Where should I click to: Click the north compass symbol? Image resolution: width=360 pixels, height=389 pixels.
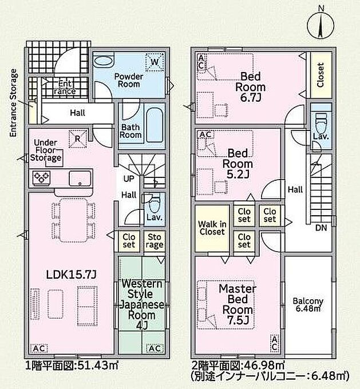pos(321,24)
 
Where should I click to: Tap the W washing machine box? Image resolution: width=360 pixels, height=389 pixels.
pos(155,62)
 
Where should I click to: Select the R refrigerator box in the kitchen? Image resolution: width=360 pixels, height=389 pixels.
pos(77,138)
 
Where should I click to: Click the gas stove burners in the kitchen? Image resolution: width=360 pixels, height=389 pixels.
pos(41,178)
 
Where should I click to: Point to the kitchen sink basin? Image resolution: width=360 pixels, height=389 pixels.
pos(80,178)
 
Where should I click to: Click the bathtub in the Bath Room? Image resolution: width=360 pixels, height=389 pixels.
pos(155,125)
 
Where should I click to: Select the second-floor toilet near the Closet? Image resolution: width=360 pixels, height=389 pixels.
pos(321,124)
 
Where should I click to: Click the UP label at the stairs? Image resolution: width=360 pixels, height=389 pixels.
pos(129,178)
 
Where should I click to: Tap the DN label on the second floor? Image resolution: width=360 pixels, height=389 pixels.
pos(321,228)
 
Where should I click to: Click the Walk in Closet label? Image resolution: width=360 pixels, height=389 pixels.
pos(212,228)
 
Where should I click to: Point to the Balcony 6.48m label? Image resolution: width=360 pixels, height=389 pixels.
pos(308,304)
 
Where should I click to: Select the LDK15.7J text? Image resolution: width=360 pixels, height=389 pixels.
pos(71,275)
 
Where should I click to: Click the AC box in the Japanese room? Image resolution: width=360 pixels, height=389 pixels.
pos(155,348)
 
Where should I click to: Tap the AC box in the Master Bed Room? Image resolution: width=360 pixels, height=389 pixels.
pos(274,343)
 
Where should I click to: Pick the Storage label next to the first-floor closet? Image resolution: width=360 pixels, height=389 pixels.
pos(155,241)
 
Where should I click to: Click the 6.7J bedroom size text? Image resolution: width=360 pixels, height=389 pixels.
pos(250,98)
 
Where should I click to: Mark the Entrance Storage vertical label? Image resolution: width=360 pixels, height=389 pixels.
pos(13,103)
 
